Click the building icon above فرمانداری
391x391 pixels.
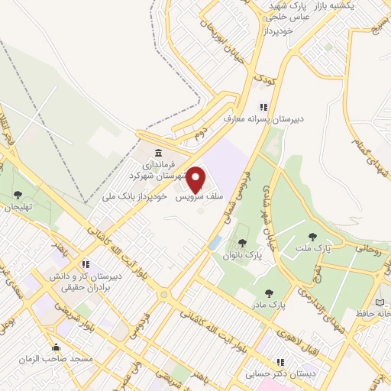(158, 151)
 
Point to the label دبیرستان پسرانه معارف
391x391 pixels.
(264, 120)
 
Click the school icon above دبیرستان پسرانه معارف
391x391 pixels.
(263, 108)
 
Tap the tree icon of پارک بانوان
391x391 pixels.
(242, 243)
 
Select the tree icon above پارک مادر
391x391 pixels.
(268, 292)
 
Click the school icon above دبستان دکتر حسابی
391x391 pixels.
(280, 362)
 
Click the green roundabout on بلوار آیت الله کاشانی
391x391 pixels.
(163, 294)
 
